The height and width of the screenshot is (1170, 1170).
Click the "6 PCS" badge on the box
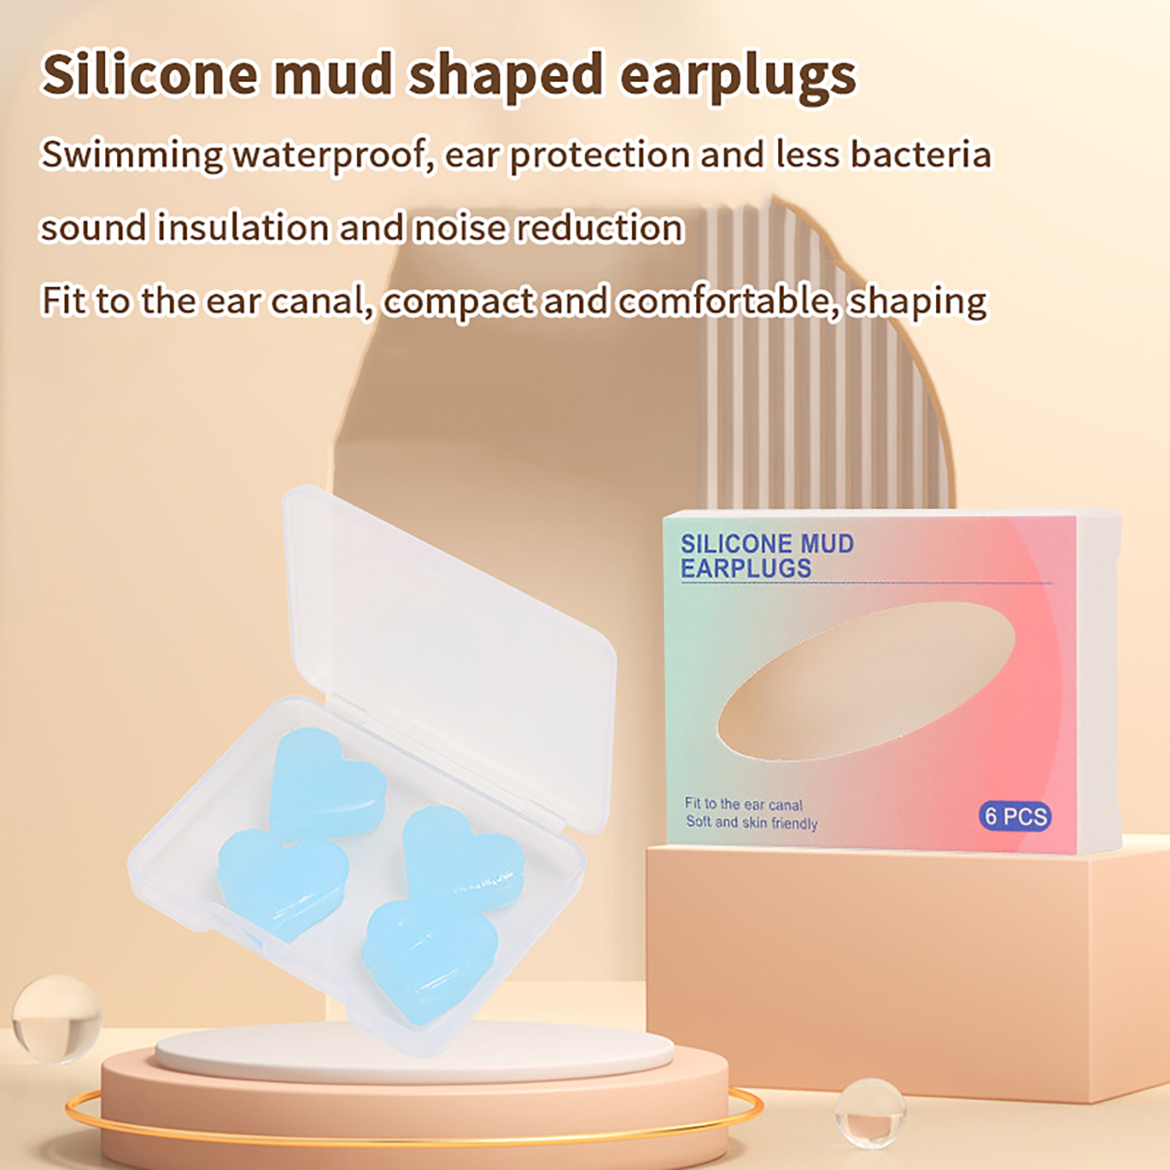point(1015,815)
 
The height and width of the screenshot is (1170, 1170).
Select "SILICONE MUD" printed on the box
point(767,544)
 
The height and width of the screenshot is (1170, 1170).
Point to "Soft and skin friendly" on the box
point(752,823)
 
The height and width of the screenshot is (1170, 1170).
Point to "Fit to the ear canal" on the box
point(744,804)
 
